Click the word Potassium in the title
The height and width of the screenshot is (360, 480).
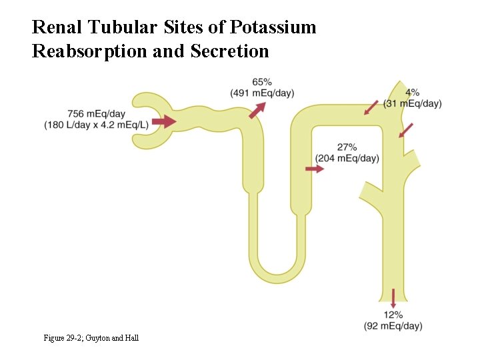[x=273, y=28]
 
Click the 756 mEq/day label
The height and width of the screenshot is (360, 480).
[x=96, y=113]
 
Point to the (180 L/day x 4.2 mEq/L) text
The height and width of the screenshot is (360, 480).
[x=96, y=125]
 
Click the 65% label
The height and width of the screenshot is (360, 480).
[x=262, y=82]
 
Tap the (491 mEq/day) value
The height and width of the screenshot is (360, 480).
[x=262, y=93]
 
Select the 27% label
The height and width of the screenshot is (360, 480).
[x=347, y=147]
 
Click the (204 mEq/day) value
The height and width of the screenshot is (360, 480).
[x=347, y=158]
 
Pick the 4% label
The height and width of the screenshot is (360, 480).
[x=412, y=93]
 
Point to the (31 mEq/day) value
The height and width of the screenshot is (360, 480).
[x=413, y=103]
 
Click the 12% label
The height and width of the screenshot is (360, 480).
[x=393, y=315]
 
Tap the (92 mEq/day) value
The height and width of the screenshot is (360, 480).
[x=393, y=326]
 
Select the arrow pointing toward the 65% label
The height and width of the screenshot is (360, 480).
[x=257, y=110]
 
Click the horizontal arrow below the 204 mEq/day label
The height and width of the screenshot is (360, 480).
[x=315, y=169]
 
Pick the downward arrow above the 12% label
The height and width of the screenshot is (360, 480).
[x=393, y=297]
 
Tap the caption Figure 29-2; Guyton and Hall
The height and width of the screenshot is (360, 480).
[x=91, y=339]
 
